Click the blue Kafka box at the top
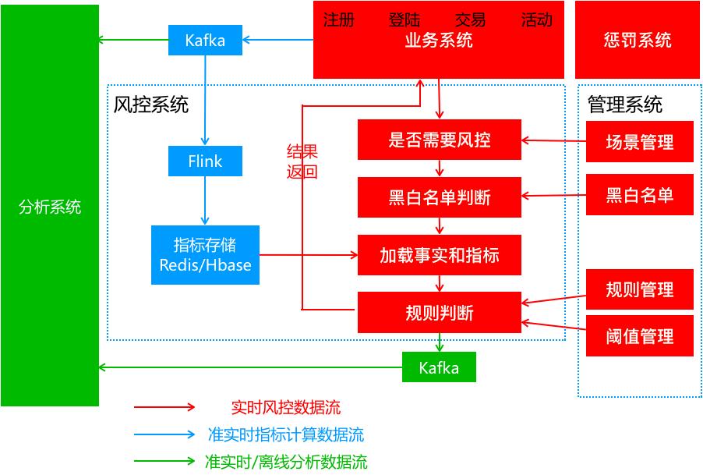coord(205,41)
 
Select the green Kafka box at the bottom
coord(439,367)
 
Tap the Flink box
coord(205,161)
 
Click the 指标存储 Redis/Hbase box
coord(205,255)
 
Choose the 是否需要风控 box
coord(439,140)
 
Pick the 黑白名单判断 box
coord(439,197)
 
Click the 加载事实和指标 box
coord(439,255)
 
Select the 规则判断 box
coord(439,313)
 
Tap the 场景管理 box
coord(639,142)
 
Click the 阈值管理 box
coord(639,336)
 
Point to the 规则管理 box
coord(639,289)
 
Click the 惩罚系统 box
coord(638,41)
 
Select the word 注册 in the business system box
coord(338,20)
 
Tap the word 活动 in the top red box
coord(536,20)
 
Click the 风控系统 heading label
coord(151,105)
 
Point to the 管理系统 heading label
coord(624,105)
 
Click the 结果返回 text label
coord(302,162)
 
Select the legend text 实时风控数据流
coord(285,407)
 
